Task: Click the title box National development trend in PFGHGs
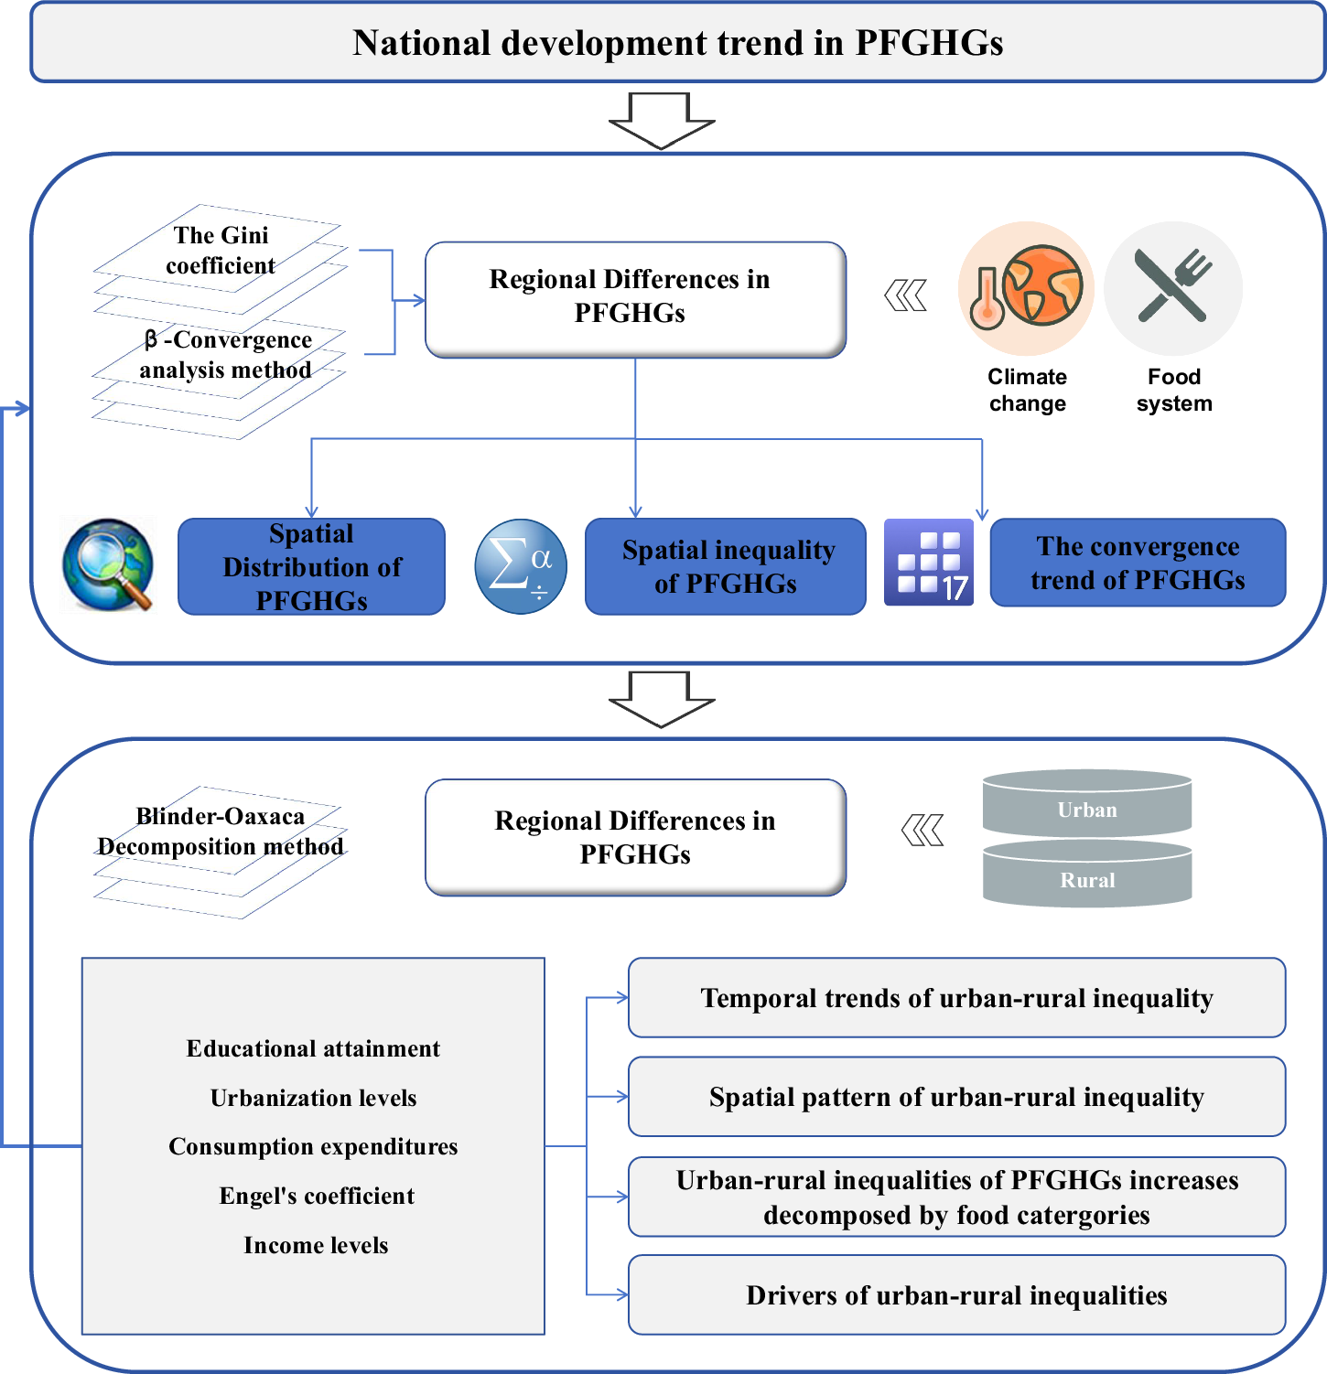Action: coord(677,43)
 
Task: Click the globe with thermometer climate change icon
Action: coord(1026,288)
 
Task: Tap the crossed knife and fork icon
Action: coord(1173,288)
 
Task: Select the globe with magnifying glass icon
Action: coord(108,564)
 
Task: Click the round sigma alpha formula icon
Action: coord(521,566)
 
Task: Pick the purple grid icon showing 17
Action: coord(929,563)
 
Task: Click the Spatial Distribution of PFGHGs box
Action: coord(311,566)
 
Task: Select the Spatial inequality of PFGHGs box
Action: coord(726,566)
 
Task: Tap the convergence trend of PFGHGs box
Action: coord(1138,563)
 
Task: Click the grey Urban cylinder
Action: coord(1087,805)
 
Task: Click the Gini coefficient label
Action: coord(221,250)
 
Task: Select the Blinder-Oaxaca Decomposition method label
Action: coord(221,832)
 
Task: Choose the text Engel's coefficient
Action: coord(317,1196)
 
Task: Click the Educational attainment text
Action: coord(313,1048)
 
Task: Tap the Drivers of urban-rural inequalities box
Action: coord(956,1295)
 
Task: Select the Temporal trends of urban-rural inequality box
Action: coord(956,998)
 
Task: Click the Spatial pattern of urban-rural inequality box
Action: coord(956,1097)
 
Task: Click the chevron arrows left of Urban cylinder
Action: coord(922,831)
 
